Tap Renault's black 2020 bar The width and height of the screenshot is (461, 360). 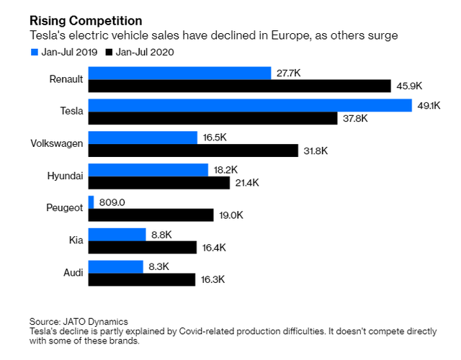point(240,86)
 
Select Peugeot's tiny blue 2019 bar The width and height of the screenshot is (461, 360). point(91,202)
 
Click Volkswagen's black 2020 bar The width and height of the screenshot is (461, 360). point(193,150)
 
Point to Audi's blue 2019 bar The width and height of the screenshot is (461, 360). point(115,266)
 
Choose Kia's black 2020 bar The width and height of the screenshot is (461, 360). point(142,248)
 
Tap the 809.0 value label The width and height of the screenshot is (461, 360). point(113,202)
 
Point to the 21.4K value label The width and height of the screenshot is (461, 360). point(246,183)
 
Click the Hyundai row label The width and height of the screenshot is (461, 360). point(66,175)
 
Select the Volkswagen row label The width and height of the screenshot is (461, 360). point(57,143)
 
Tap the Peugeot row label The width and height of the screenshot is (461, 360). point(64,207)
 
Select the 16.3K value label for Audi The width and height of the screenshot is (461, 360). point(212,279)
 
